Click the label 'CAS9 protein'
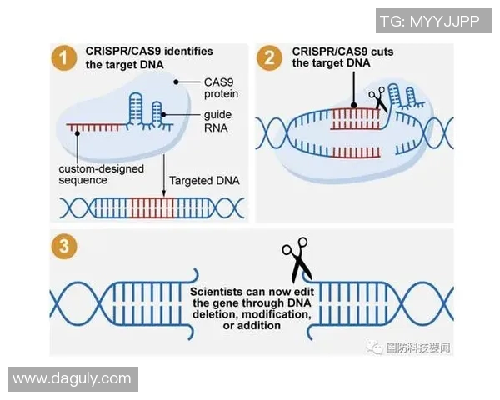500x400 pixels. (222, 88)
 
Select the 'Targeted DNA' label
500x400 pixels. (199, 180)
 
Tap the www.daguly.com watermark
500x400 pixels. (72, 378)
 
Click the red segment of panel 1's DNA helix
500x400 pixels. (147, 207)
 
